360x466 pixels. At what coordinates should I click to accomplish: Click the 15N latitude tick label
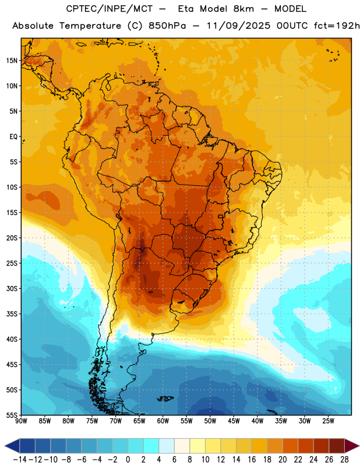click(12, 61)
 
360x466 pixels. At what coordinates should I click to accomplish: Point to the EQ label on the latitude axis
click(13, 137)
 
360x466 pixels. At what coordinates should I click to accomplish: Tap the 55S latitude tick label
click(12, 415)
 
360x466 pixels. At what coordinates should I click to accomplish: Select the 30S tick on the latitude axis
click(12, 288)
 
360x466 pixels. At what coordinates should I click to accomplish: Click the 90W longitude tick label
click(21, 421)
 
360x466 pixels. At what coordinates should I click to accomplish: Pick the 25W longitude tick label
click(328, 421)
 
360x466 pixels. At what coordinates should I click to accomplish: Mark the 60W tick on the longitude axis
click(163, 421)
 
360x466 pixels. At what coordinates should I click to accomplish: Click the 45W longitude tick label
click(234, 421)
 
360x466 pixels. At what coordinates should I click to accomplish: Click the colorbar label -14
click(20, 460)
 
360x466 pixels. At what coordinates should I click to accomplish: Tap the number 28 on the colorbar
click(344, 460)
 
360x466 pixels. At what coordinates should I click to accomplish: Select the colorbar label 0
click(128, 460)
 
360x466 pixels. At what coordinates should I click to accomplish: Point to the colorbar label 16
click(252, 460)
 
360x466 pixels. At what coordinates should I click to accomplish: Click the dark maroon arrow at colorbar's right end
click(352, 446)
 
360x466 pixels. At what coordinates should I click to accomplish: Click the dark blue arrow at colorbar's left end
click(12, 446)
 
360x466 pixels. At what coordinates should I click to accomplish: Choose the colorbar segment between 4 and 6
click(167, 446)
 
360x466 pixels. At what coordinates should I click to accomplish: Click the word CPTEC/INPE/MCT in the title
click(109, 9)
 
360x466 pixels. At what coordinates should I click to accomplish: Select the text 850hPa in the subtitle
click(167, 26)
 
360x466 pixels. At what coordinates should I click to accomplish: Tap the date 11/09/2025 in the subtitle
click(238, 26)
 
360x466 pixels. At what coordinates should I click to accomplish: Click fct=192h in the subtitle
click(337, 26)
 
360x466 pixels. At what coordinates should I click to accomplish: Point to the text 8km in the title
click(243, 9)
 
